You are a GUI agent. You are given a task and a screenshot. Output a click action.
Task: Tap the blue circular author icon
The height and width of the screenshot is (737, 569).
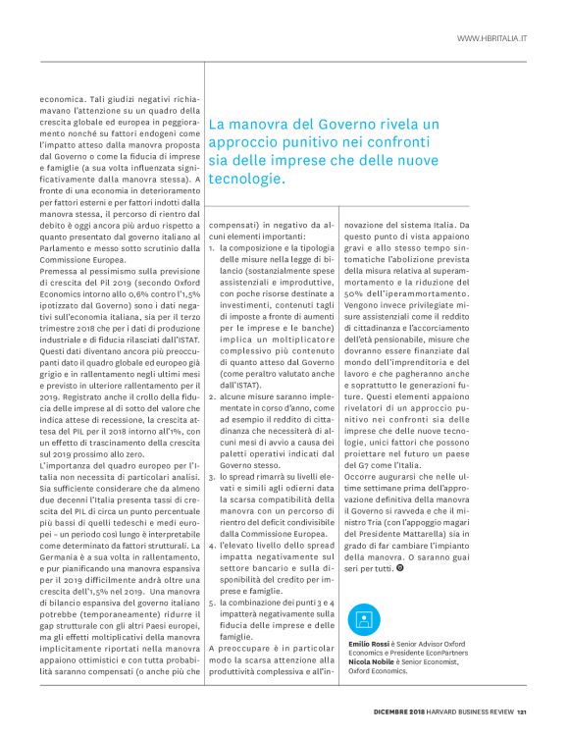364,620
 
